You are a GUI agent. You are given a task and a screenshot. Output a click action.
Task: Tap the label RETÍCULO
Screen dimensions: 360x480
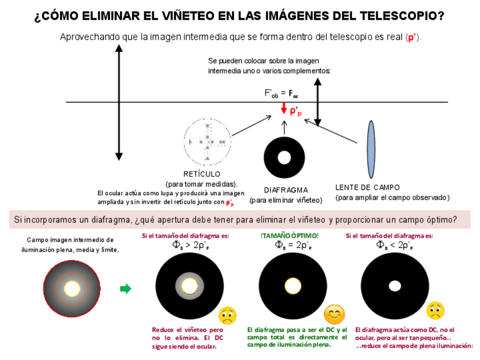point(202,174)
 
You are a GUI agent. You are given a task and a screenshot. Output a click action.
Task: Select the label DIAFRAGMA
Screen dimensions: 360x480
point(286,190)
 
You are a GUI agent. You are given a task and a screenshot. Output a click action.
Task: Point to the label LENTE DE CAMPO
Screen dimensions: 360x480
point(367,187)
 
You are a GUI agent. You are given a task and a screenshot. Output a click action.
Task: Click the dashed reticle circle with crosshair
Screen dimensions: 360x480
point(207,142)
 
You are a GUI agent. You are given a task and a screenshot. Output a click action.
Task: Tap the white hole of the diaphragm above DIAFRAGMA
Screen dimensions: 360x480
point(284,157)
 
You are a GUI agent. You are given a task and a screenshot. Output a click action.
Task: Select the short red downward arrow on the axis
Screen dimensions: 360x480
point(284,108)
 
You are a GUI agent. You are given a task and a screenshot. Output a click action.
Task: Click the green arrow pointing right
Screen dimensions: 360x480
point(126,289)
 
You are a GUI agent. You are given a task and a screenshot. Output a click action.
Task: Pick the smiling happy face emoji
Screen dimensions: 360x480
point(334,314)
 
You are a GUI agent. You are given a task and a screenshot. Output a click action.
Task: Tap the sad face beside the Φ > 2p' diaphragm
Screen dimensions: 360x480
point(228,315)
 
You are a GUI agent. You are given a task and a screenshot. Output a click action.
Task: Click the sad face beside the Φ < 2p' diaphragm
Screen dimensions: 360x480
point(435,311)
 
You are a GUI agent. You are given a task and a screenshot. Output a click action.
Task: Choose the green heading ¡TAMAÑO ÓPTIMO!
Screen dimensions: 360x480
point(289,235)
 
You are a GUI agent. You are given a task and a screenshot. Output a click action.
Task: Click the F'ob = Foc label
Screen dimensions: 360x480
point(281,93)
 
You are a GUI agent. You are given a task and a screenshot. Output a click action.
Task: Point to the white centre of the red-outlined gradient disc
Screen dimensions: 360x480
point(72,289)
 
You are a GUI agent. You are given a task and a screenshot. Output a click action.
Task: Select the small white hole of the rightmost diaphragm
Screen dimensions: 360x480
point(395,286)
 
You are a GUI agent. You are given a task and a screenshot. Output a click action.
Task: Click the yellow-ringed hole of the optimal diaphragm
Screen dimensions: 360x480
point(293,286)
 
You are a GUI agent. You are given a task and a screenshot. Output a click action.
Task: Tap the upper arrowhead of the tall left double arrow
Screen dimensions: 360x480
point(119,48)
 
